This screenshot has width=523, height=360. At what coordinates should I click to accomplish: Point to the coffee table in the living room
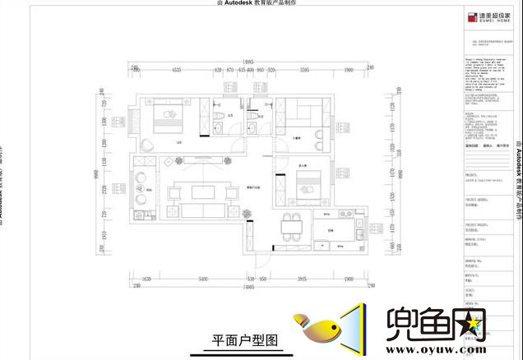(x=201, y=192)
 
